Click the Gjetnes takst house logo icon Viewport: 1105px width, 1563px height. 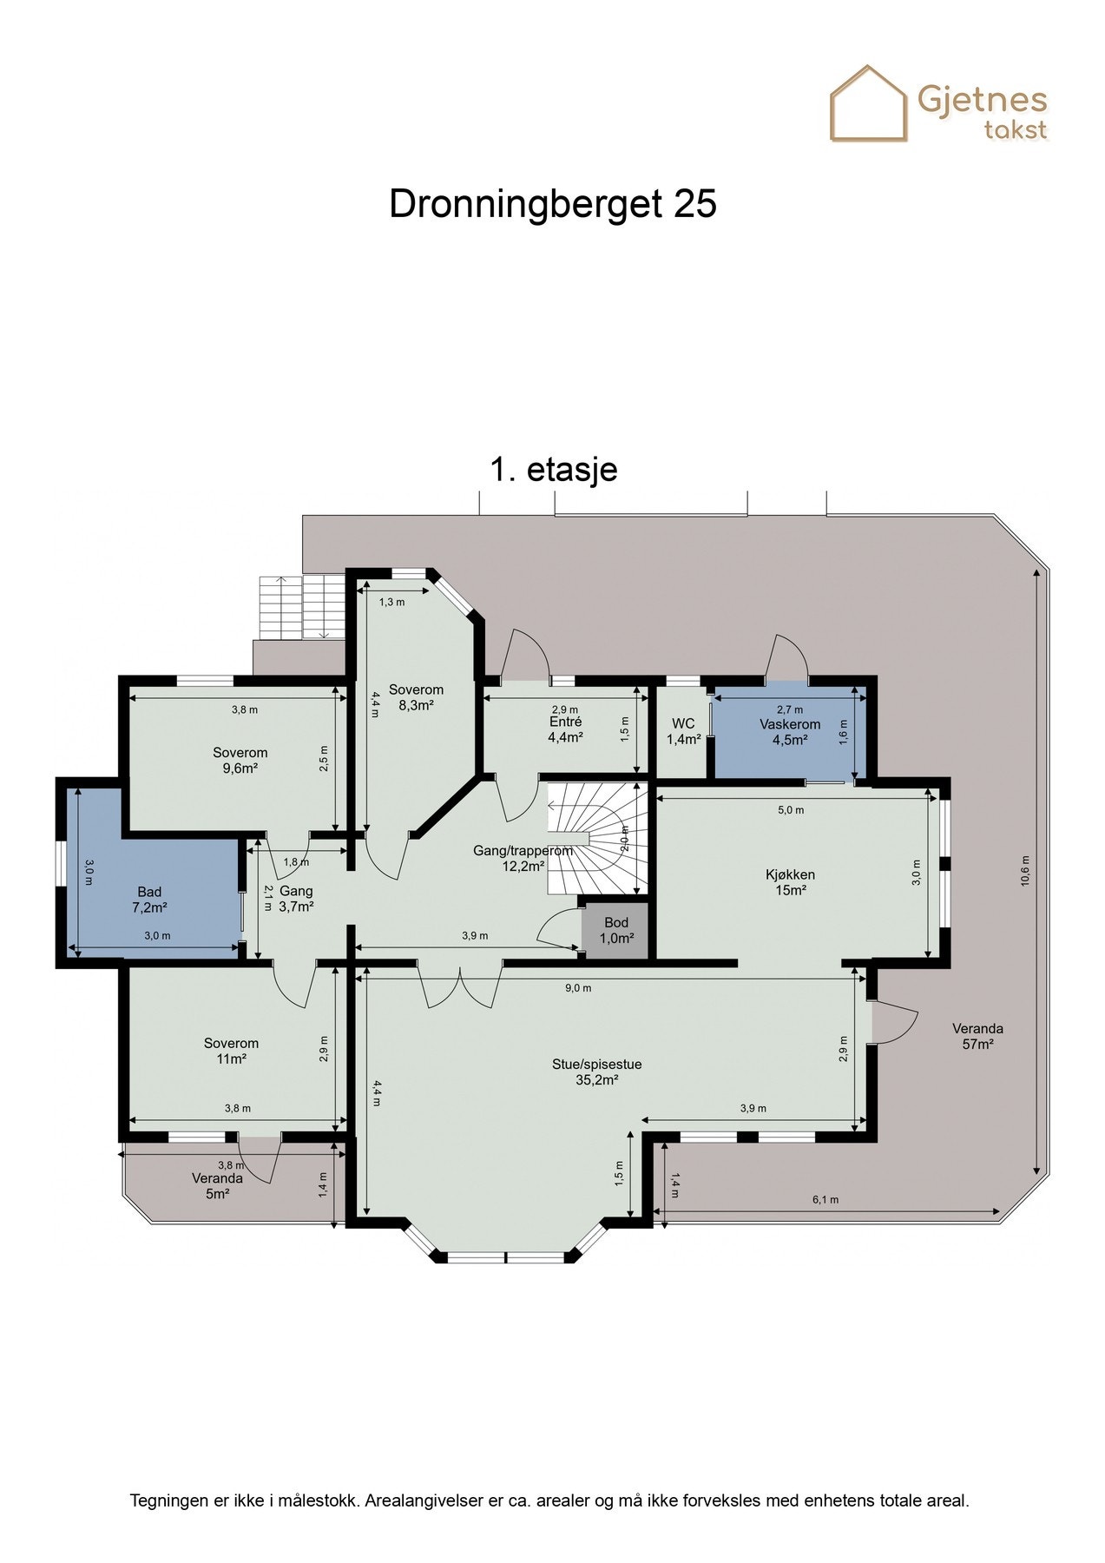click(868, 104)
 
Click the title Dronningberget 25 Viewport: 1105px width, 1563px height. click(552, 205)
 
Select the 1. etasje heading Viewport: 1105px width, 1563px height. click(553, 470)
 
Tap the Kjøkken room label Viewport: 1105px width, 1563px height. click(790, 882)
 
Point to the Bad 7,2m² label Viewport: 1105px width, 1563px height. click(149, 900)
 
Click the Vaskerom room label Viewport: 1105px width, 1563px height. click(790, 732)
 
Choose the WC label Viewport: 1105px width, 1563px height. click(683, 731)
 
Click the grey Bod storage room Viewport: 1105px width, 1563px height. click(616, 930)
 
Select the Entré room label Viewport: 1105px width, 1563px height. click(565, 729)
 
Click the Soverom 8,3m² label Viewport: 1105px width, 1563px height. click(416, 697)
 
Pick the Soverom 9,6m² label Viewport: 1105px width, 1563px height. click(240, 760)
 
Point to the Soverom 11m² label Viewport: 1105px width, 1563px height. click(231, 1051)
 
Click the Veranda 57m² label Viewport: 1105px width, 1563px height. click(977, 1037)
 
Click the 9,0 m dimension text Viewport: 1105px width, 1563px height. click(578, 988)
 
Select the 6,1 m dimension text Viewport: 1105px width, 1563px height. click(825, 1200)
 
